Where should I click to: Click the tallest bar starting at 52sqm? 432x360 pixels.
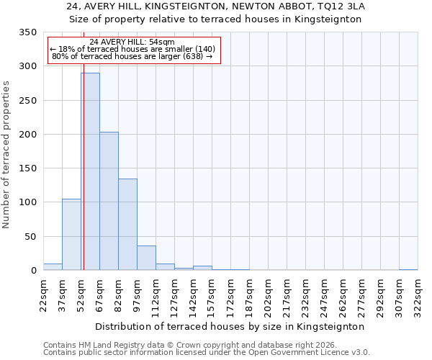tap(90, 171)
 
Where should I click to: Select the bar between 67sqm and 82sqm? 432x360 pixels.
tap(109, 201)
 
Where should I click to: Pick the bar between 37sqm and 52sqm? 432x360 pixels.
tap(71, 235)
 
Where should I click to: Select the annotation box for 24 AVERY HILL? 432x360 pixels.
tap(133, 50)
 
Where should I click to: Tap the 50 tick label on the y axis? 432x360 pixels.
tap(30, 237)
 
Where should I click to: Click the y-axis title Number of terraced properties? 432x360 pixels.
tap(6, 154)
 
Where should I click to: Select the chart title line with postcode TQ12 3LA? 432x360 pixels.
tap(215, 6)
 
